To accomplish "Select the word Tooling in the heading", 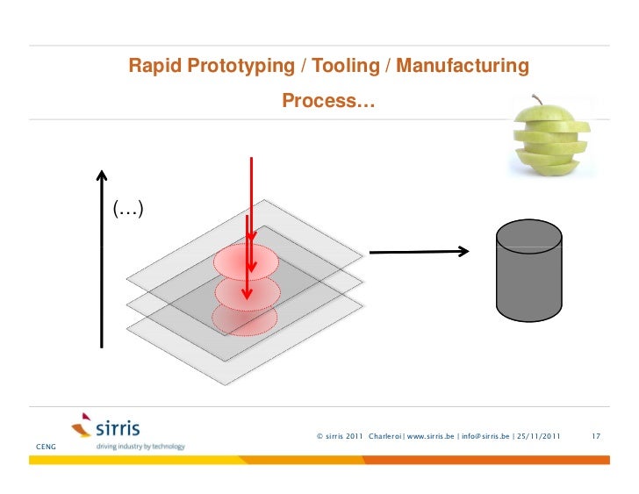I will click(x=339, y=66).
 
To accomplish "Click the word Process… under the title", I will click(x=327, y=103).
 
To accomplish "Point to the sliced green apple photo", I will click(x=554, y=139).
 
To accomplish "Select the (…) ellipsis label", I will click(x=128, y=209).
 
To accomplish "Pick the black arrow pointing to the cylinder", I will click(x=418, y=253).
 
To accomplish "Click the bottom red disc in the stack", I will click(x=247, y=320).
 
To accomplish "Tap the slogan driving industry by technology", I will click(x=140, y=447).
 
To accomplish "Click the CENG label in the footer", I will click(x=45, y=447).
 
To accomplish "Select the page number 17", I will click(x=596, y=436).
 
